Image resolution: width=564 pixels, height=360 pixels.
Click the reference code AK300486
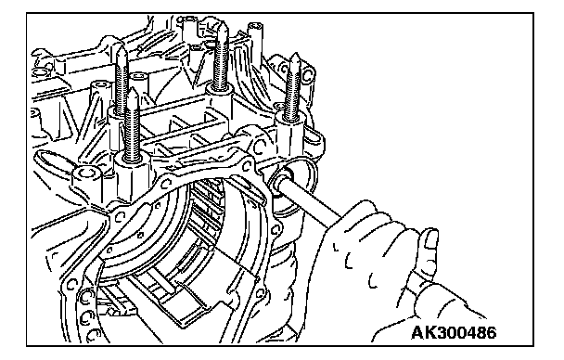coord(454,333)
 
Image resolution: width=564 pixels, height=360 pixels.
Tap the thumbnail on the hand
coord(431,239)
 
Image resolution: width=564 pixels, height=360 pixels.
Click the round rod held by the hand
coord(310,201)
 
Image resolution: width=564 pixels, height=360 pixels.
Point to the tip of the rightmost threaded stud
coord(295,55)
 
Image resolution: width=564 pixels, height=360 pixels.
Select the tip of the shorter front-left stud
coord(133,89)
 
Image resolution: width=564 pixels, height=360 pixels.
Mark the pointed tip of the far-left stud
coord(121,45)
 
